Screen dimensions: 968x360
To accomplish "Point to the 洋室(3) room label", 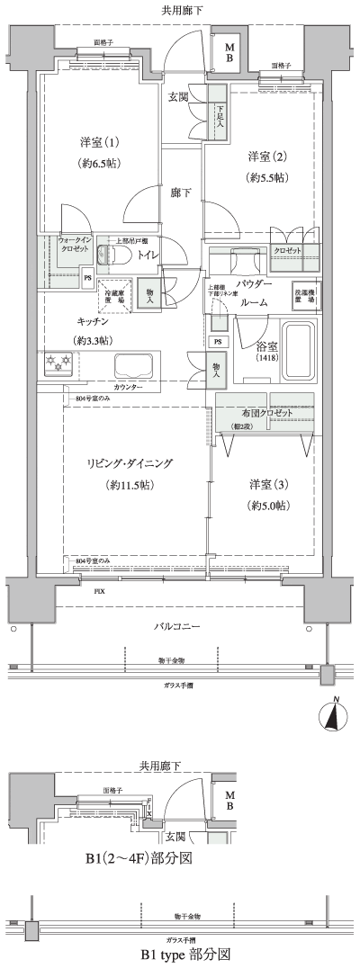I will click(268, 485).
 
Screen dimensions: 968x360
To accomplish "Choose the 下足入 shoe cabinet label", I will click(219, 112).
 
